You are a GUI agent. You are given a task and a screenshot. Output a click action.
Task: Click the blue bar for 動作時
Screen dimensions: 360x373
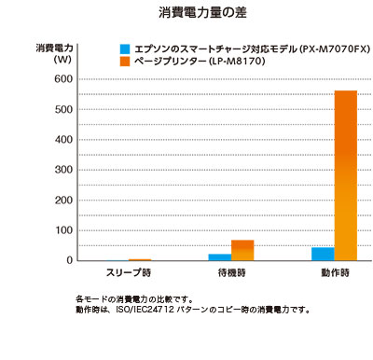point(323,254)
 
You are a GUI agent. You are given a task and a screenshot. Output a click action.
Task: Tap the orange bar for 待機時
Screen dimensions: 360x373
point(242,250)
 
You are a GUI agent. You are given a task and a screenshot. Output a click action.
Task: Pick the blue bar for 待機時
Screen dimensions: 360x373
point(220,256)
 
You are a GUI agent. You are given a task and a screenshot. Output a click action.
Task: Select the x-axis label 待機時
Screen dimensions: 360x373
point(231,273)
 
